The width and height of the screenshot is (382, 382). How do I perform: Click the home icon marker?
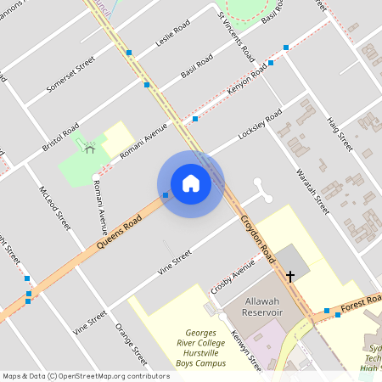tap(190, 183)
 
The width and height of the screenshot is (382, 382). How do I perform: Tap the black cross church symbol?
tap(289, 276)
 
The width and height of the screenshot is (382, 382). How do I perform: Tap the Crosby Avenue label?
tap(233, 276)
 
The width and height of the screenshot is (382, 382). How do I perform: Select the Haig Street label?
tap(339, 133)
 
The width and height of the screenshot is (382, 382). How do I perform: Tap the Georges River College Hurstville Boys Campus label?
tap(193, 348)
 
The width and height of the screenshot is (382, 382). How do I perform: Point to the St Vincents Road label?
tap(235, 34)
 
